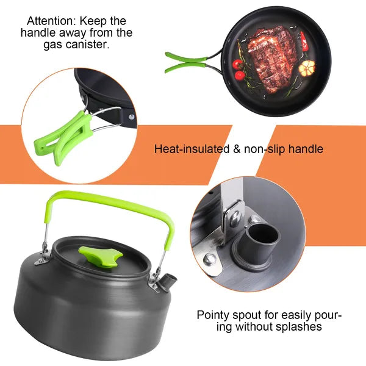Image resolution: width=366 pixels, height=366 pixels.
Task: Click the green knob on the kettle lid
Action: pos(101,257)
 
